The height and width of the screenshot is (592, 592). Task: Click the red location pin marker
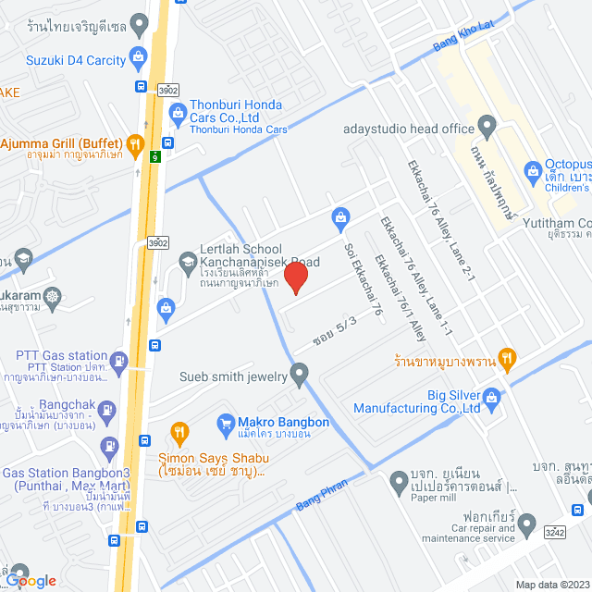coord(295,277)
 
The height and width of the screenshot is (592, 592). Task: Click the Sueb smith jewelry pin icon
coord(299,375)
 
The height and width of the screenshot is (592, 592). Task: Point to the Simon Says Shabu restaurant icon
coord(179,432)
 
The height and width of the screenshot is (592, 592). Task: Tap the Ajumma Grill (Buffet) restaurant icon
coord(136,143)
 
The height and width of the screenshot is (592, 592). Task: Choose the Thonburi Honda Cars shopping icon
coord(179,115)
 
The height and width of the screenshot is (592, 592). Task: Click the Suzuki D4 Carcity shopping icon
coord(139,58)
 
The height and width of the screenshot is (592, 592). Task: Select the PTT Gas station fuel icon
coord(118,360)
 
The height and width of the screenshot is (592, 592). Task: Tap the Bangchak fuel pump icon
coord(107,407)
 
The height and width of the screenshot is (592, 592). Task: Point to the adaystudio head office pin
coord(488,125)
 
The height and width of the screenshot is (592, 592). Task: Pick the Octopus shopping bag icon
coord(533,170)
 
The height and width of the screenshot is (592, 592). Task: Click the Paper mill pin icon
coord(399,480)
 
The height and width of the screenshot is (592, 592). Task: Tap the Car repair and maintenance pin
coord(527,524)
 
